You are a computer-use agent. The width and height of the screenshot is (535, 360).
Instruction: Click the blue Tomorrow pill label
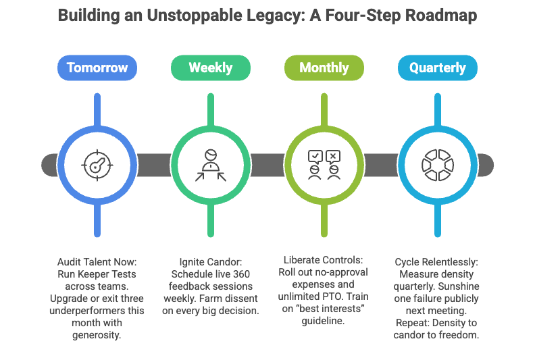(x=97, y=68)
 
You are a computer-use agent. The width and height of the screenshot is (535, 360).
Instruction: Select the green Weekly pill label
(x=211, y=68)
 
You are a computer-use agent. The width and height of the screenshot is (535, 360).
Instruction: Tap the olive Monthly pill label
(x=324, y=68)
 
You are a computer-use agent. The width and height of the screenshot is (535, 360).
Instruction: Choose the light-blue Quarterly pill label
(x=438, y=68)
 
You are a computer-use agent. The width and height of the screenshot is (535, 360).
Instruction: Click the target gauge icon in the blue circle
(x=97, y=164)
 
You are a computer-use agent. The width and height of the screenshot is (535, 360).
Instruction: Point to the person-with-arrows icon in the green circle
(x=211, y=164)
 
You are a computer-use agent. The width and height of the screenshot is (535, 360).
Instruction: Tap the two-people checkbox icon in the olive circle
(x=324, y=164)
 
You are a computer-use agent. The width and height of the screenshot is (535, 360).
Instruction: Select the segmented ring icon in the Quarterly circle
(x=438, y=164)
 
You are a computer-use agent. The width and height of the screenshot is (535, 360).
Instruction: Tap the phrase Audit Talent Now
(x=97, y=261)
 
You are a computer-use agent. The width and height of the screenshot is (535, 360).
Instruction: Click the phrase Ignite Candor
(x=210, y=261)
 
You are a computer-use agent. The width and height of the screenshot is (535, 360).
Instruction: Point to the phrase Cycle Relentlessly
(x=437, y=261)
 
